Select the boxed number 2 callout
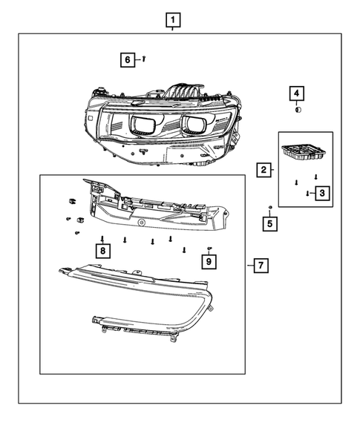coord(264,171)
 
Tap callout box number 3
coord(321,194)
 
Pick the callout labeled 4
coord(296,93)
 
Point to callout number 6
coord(128,59)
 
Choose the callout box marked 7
coord(260,265)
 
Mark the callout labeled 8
coord(102,251)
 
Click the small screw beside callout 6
coord(143,58)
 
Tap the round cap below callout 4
coord(297,109)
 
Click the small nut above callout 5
coord(271,206)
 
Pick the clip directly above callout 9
coord(209,247)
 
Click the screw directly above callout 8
coord(102,238)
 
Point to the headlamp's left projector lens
coord(143,125)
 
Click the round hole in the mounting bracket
coord(141,223)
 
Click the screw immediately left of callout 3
coord(307,193)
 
